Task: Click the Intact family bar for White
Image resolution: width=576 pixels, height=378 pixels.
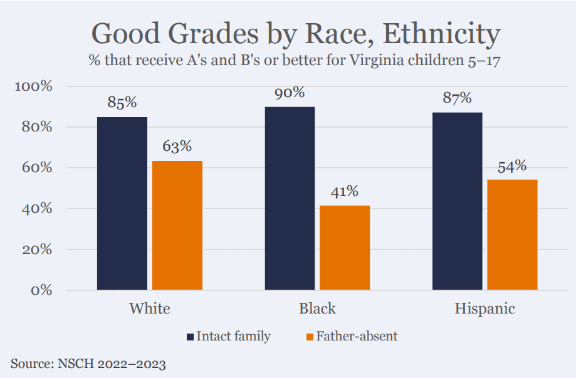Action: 122,203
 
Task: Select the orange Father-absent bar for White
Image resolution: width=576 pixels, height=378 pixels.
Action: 177,225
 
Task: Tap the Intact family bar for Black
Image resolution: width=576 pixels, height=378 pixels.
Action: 290,198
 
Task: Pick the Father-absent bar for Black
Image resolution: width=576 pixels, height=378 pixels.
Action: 345,248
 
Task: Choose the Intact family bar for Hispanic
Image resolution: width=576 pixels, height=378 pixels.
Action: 457,201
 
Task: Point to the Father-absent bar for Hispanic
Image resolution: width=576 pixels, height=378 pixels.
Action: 512,235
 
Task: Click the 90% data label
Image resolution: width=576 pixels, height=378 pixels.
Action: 290,93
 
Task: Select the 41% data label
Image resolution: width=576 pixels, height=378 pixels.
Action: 345,192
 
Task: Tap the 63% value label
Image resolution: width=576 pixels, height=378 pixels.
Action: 177,146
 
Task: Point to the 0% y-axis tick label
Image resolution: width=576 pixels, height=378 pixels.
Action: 41,290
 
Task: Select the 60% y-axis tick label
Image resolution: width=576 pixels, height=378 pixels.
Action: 37,168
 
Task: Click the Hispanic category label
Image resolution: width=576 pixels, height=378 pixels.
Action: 484,309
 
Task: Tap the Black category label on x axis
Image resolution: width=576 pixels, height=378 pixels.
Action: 317,309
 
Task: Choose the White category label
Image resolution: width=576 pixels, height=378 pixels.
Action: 149,309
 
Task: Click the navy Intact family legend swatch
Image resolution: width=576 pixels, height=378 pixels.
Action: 189,337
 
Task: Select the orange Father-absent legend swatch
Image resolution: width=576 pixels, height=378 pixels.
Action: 308,337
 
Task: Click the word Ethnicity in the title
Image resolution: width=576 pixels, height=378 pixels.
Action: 441,34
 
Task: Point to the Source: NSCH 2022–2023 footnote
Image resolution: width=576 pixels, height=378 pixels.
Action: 88,363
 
